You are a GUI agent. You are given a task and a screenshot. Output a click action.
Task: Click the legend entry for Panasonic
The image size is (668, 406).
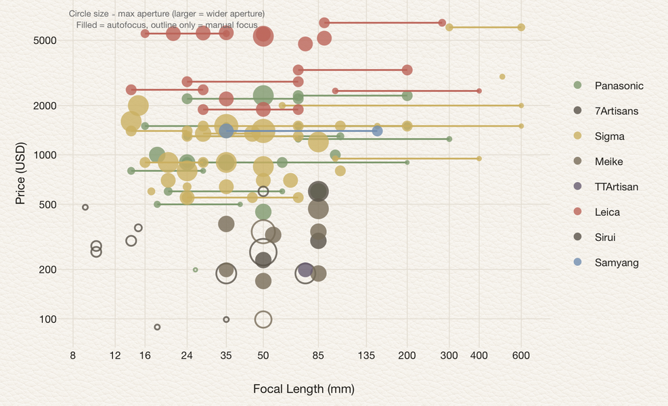(x=619, y=86)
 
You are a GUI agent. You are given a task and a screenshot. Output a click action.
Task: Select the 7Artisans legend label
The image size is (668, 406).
(x=616, y=111)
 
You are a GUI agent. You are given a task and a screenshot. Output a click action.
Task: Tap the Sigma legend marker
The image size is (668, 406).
(x=577, y=137)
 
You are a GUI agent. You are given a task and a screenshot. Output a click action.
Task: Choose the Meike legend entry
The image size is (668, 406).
(x=608, y=162)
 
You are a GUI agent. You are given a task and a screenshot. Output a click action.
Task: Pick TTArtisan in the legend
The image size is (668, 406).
(x=616, y=187)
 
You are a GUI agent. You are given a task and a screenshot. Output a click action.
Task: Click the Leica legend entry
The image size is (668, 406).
(x=607, y=212)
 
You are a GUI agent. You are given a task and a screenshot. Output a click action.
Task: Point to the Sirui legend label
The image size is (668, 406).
(x=605, y=238)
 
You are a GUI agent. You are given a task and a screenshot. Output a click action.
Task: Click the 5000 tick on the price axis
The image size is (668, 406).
(x=45, y=41)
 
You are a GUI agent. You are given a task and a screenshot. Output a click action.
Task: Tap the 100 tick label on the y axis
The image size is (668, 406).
(x=47, y=319)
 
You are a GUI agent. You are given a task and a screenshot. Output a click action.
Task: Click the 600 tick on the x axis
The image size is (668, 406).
(x=521, y=356)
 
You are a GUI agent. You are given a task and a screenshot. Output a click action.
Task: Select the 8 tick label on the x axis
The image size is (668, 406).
(x=72, y=356)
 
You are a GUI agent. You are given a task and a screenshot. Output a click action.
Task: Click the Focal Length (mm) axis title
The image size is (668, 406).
(x=303, y=389)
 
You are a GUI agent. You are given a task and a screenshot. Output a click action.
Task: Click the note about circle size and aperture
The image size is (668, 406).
(x=166, y=20)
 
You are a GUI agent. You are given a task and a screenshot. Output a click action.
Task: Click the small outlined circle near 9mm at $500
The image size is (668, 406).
(x=85, y=207)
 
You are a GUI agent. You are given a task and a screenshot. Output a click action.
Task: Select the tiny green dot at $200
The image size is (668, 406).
(x=196, y=269)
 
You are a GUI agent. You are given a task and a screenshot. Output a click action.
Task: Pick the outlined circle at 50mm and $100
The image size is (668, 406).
(x=263, y=319)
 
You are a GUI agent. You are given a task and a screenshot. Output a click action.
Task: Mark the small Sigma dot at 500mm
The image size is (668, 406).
(x=502, y=76)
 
